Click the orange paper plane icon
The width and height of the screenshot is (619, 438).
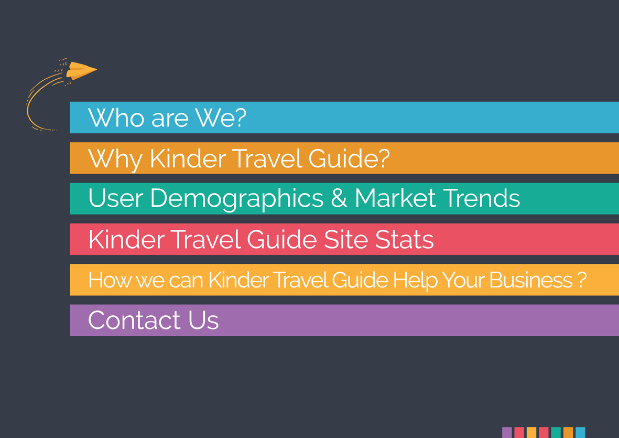pyautogui.click(x=81, y=70)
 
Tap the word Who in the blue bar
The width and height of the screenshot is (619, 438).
pyautogui.click(x=116, y=117)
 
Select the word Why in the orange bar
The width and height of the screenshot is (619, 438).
pyautogui.click(x=115, y=159)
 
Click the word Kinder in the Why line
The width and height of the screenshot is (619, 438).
pyautogui.click(x=188, y=158)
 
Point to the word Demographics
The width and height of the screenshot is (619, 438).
pyautogui.click(x=236, y=199)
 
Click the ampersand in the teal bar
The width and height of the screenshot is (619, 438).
pyautogui.click(x=339, y=198)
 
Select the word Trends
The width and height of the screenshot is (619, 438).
pyautogui.click(x=481, y=198)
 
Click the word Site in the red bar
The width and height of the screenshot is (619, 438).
pyautogui.click(x=345, y=239)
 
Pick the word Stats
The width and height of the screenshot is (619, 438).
pyautogui.click(x=404, y=239)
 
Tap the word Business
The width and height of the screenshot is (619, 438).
pyautogui.click(x=531, y=280)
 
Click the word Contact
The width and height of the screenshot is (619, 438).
pyautogui.click(x=134, y=320)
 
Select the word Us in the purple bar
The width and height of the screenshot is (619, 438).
pyautogui.click(x=203, y=320)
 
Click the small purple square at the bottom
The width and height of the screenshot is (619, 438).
pyautogui.click(x=507, y=432)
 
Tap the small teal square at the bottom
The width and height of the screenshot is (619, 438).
pyautogui.click(x=556, y=432)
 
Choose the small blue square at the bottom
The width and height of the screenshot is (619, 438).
pyautogui.click(x=580, y=432)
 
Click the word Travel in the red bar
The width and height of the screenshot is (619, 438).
pyautogui.click(x=205, y=239)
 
